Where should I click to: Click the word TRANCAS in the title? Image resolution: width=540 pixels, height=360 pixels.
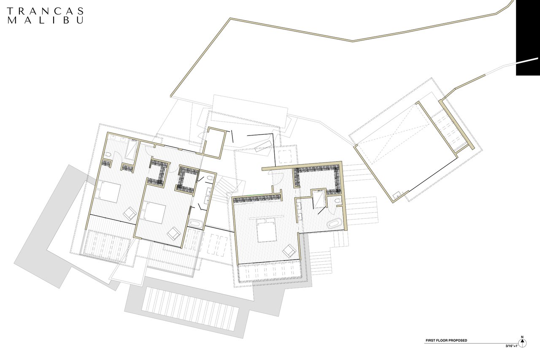click(45, 11)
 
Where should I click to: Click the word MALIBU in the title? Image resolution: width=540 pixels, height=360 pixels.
click(45, 20)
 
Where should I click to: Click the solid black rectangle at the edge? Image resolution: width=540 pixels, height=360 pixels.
click(527, 38)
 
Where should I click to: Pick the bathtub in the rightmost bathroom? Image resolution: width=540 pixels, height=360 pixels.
click(335, 223)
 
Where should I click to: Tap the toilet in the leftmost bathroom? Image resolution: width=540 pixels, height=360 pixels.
click(108, 155)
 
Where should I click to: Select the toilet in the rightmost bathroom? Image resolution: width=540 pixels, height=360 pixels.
click(337, 200)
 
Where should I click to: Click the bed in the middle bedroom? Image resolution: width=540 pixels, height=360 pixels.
click(152, 213)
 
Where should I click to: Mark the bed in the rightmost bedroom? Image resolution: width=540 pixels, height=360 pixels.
click(266, 230)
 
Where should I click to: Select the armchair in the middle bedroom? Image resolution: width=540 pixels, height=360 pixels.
click(174, 233)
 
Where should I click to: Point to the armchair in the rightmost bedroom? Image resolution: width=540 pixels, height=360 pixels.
click(289, 251)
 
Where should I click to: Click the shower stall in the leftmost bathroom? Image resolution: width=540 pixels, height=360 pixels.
click(132, 149)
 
